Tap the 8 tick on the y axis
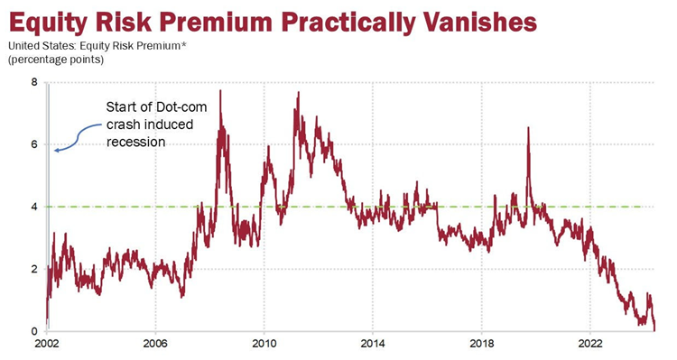click(34, 82)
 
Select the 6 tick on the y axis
click(34, 144)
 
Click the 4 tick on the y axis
click(34, 207)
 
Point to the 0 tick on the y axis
click(34, 331)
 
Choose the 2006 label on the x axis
click(155, 345)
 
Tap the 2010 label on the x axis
click(264, 345)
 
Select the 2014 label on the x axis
click(373, 345)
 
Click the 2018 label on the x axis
click(482, 345)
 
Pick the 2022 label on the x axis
click(590, 345)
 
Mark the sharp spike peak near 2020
click(528, 128)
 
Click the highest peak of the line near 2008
click(220, 91)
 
